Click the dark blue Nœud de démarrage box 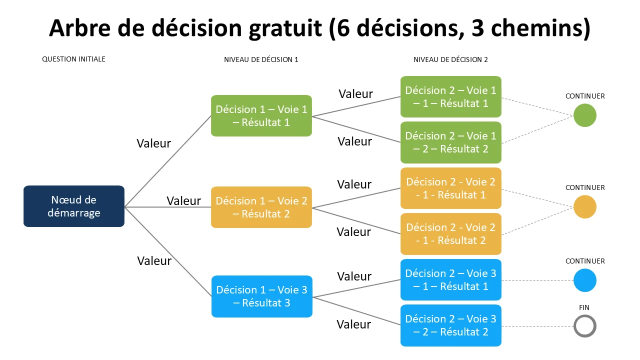(74, 206)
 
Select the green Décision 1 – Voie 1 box (261, 115)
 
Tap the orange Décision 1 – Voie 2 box (261, 207)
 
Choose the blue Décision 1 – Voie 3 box (261, 296)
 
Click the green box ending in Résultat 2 (451, 142)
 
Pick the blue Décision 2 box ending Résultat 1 (451, 279)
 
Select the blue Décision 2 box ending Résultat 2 (451, 325)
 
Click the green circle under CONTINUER (585, 115)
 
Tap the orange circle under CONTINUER (585, 206)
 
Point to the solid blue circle (585, 280)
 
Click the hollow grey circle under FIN (585, 315)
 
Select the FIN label (584, 307)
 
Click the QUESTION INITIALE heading (73, 59)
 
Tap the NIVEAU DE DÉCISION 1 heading (261, 59)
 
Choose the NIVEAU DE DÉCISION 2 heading (450, 59)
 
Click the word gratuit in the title (285, 29)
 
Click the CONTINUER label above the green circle (585, 96)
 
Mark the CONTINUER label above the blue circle (585, 261)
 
